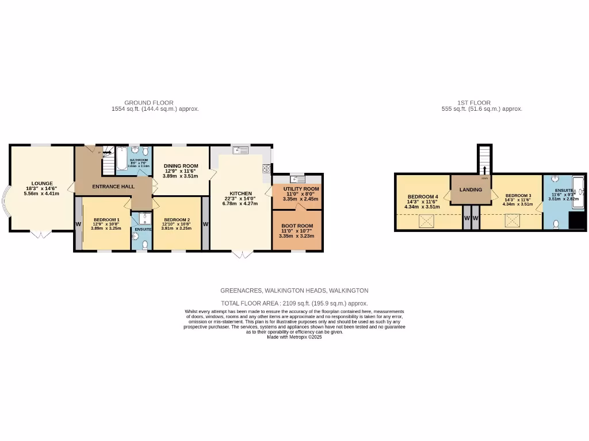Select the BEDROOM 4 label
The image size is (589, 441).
(423, 196)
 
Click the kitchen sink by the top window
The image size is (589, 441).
(240, 150)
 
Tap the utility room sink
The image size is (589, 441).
(297, 178)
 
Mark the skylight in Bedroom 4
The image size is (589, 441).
(426, 220)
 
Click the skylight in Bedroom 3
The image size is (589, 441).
(510, 220)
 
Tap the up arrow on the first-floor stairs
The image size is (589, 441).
(484, 169)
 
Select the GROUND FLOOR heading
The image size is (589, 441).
(148, 103)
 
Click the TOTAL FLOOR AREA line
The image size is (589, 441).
(294, 303)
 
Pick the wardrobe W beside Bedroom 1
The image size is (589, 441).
(78, 224)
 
